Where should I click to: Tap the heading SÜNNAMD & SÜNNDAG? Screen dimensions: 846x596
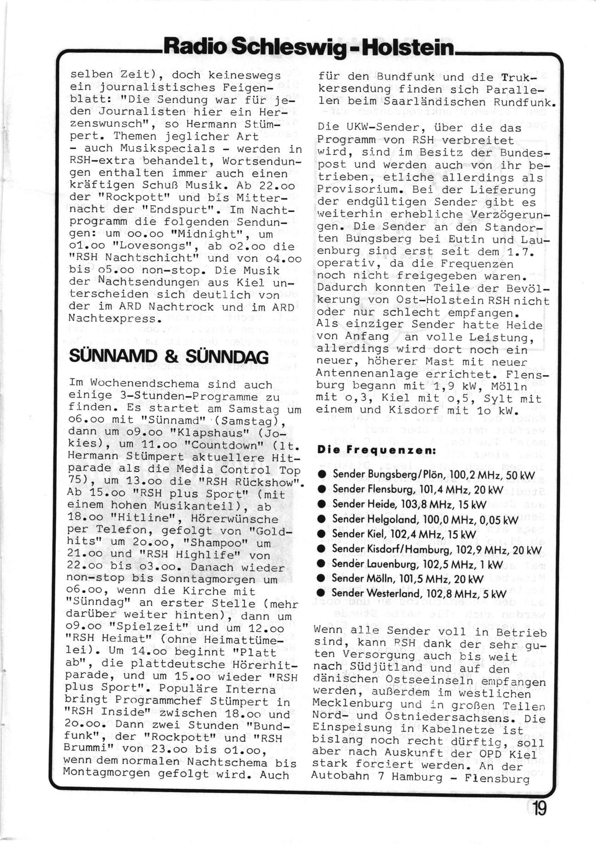click(x=169, y=357)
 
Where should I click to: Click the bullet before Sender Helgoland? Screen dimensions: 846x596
click(x=321, y=520)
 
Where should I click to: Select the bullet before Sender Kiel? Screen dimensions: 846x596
click(x=321, y=535)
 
